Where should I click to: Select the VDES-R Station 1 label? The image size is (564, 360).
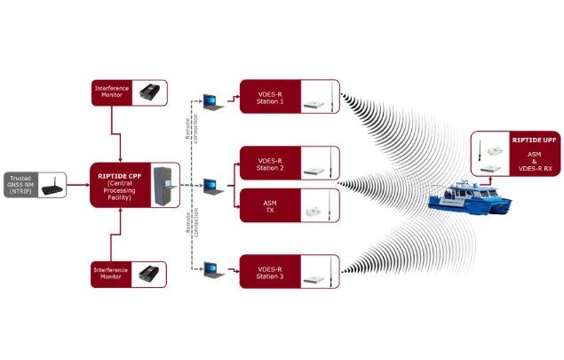pos(269,96)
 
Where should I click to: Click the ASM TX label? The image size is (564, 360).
pos(269,206)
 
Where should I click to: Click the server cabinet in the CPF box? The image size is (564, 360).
pos(162,184)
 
